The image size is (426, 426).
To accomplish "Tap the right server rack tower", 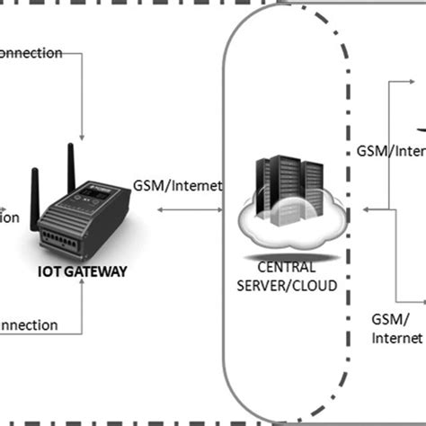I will click(x=310, y=184).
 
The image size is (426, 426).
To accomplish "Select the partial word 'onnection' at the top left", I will click(x=31, y=53).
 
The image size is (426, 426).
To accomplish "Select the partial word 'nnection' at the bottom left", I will click(x=29, y=324).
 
